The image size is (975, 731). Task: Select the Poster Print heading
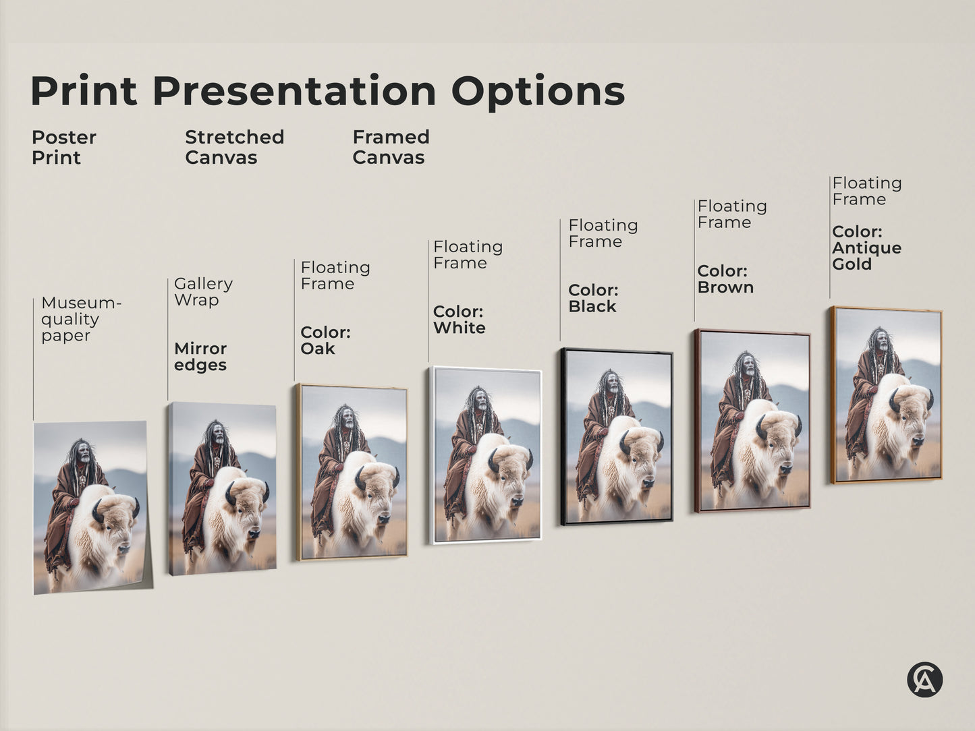(63, 147)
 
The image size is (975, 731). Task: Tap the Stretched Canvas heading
(234, 147)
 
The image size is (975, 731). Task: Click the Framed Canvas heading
(391, 147)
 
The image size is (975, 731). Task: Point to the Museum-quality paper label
(80, 319)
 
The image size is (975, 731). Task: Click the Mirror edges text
(200, 357)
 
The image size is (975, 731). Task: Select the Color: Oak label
(325, 340)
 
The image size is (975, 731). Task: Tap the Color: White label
(459, 320)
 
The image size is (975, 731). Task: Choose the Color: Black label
(593, 298)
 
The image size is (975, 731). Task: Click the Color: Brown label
(725, 279)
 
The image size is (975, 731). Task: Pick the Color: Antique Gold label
(866, 247)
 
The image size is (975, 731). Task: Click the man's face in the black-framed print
(611, 386)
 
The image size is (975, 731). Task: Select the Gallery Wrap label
(203, 291)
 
